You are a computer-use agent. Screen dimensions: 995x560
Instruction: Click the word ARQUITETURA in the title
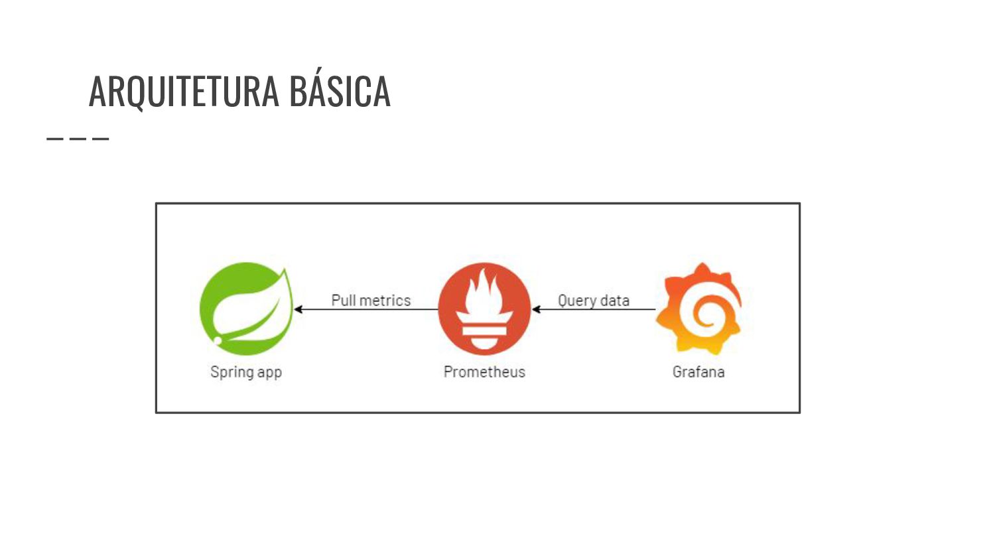[184, 91]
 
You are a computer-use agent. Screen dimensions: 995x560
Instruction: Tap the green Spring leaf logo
[246, 309]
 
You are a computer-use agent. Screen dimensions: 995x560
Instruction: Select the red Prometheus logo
[484, 309]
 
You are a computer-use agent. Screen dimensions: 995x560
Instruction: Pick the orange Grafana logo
[698, 309]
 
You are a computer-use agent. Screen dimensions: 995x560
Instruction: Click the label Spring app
[246, 372]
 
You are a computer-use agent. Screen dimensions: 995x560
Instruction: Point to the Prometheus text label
[484, 372]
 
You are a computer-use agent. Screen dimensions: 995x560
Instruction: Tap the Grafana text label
[698, 372]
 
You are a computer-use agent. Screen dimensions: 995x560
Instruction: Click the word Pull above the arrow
[343, 300]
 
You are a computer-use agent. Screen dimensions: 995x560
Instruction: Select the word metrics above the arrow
[385, 300]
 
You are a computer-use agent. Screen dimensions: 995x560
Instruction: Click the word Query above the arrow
[577, 300]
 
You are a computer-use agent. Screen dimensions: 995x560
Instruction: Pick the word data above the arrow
[614, 300]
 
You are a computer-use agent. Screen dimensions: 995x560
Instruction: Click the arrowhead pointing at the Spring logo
[298, 309]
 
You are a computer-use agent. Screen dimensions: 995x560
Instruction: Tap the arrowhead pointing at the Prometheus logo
[536, 309]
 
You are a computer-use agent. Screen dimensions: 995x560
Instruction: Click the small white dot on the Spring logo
[218, 340]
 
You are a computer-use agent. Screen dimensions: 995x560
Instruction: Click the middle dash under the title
[78, 139]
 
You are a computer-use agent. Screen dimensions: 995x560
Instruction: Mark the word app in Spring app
[269, 372]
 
